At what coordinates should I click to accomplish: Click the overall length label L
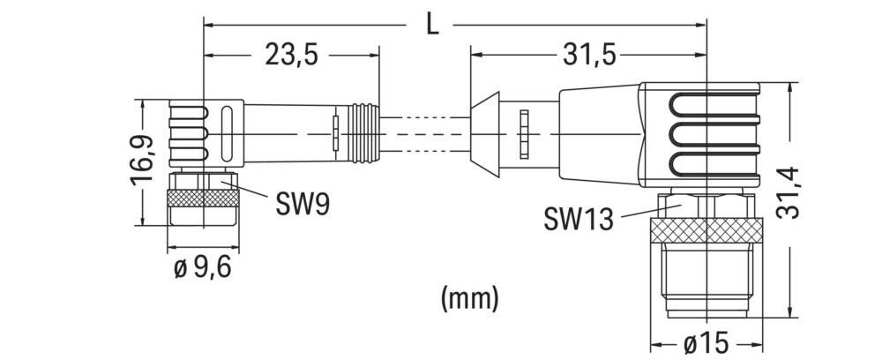click(x=432, y=26)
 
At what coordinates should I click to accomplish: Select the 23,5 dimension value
click(x=291, y=56)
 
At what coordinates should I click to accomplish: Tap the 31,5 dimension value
click(x=589, y=55)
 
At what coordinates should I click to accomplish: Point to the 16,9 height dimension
click(x=142, y=160)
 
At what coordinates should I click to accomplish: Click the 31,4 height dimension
click(x=789, y=194)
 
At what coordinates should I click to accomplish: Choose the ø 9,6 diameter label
click(x=203, y=268)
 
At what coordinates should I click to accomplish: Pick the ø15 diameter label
click(x=706, y=343)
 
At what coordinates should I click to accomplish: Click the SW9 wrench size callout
click(x=302, y=205)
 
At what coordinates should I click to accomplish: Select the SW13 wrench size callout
click(x=579, y=219)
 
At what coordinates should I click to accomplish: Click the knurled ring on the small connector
click(x=203, y=198)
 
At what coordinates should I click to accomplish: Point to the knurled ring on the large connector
click(x=706, y=230)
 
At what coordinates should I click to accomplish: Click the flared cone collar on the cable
click(x=485, y=135)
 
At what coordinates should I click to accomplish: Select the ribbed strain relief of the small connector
click(x=364, y=133)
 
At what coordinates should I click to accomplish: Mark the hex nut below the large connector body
click(x=706, y=206)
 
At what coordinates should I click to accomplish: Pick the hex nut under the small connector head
click(x=203, y=181)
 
